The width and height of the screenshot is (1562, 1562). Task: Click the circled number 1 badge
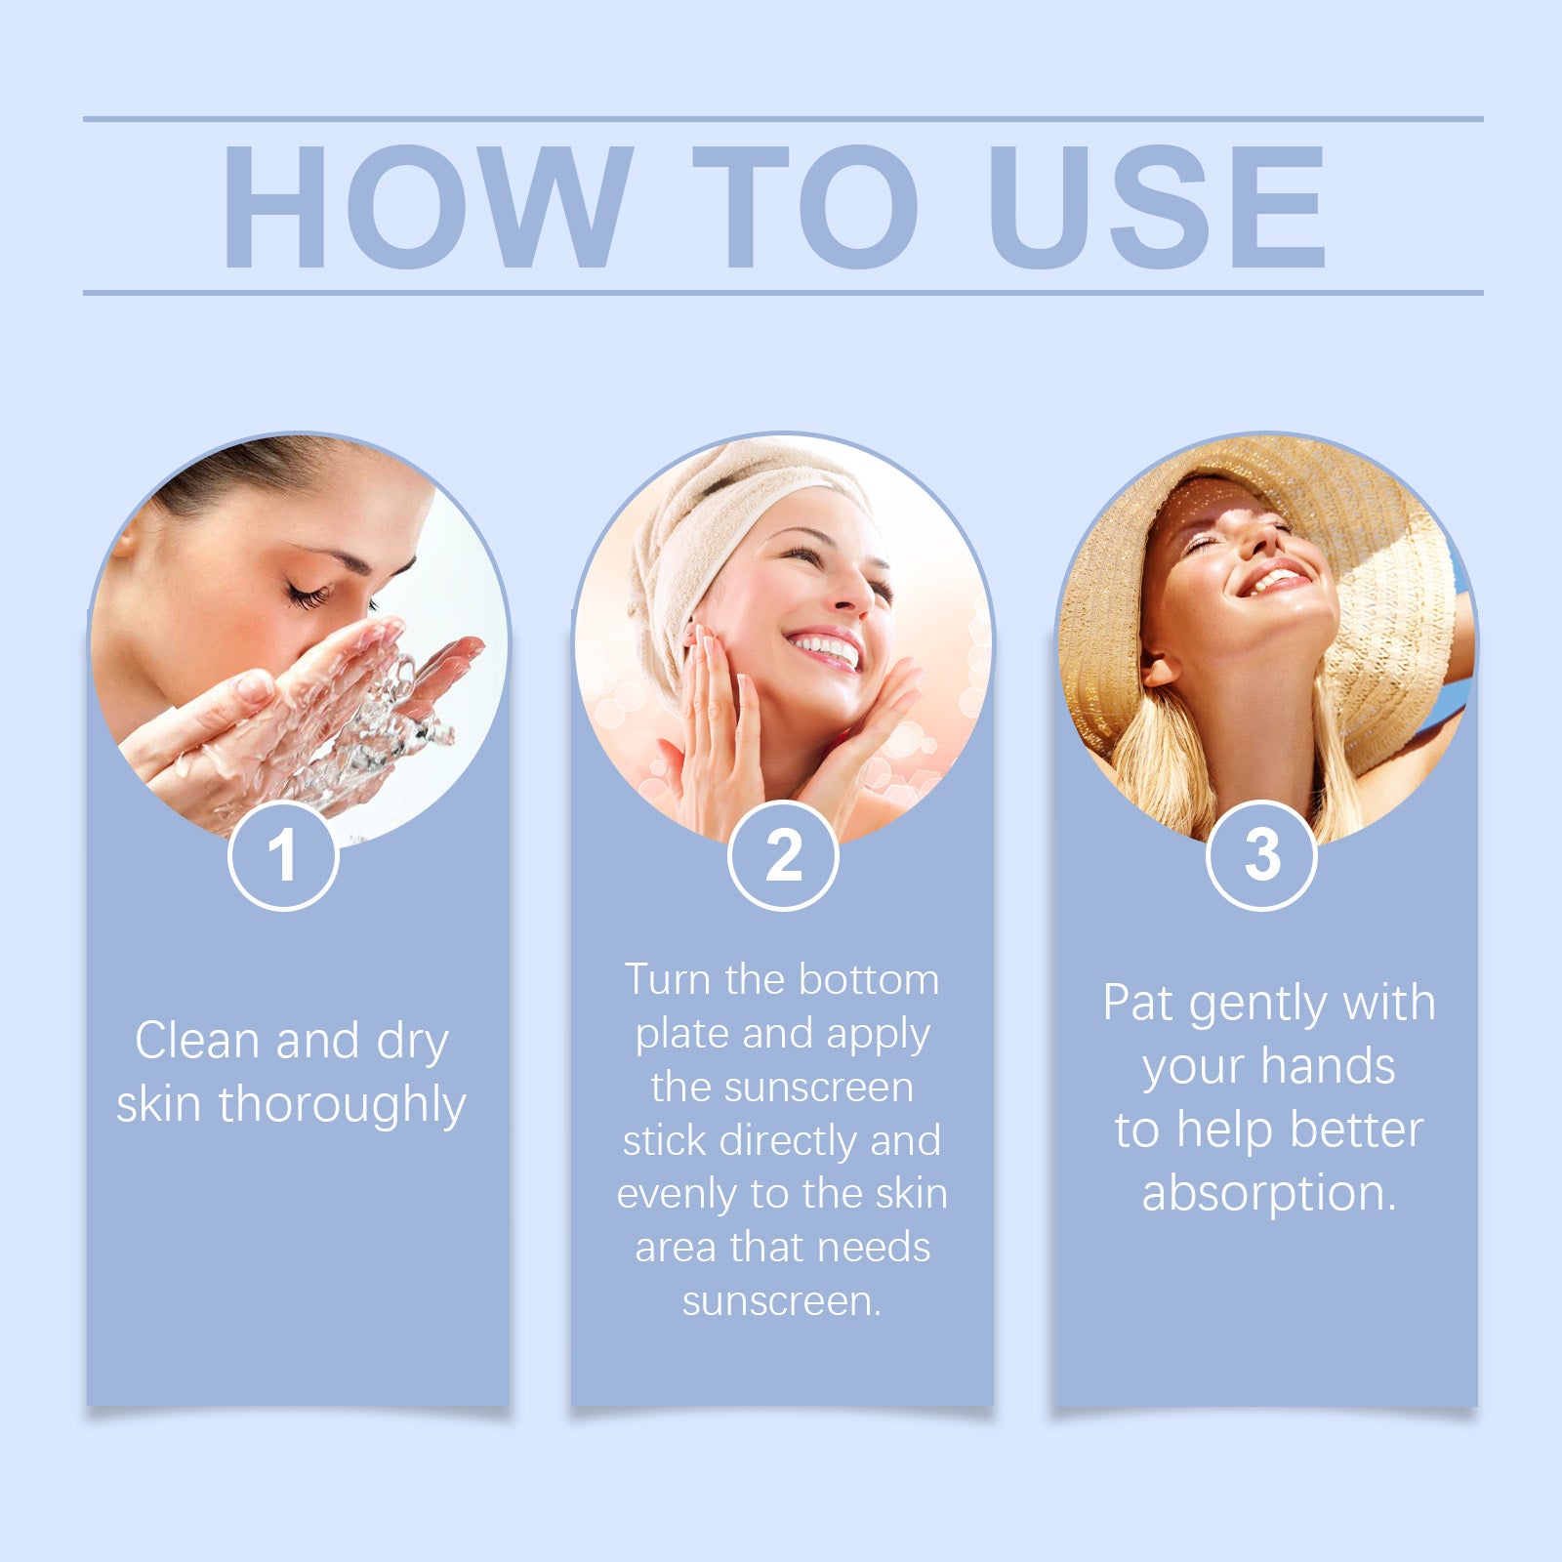[x=283, y=856]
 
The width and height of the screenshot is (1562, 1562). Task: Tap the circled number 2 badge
[x=783, y=856]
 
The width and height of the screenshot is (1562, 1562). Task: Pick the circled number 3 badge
[x=1261, y=856]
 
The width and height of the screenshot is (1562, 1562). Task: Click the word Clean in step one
[x=197, y=1041]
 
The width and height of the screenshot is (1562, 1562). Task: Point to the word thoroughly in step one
[x=343, y=1106]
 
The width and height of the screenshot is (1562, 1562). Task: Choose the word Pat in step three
[x=1138, y=1004]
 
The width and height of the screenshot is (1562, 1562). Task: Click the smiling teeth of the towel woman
[x=826, y=646]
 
